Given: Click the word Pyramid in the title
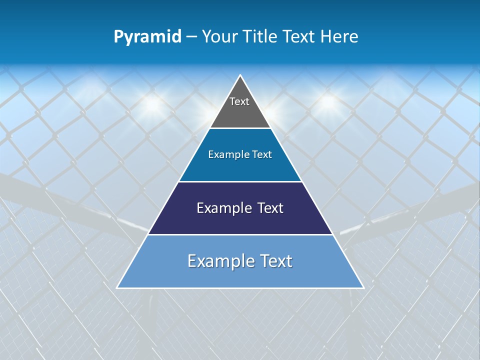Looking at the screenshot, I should coord(147,37).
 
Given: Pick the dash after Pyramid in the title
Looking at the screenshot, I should coord(191,37).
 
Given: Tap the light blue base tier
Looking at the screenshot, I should coord(240,275).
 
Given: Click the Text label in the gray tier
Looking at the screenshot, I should coord(239,101).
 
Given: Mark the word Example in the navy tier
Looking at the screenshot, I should coord(223,208).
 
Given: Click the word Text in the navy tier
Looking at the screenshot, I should coord(270,208).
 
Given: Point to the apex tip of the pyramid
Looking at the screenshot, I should coord(240,75).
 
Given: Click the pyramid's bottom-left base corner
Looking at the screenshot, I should coord(117,287).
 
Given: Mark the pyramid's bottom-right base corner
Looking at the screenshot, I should coord(363,287).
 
